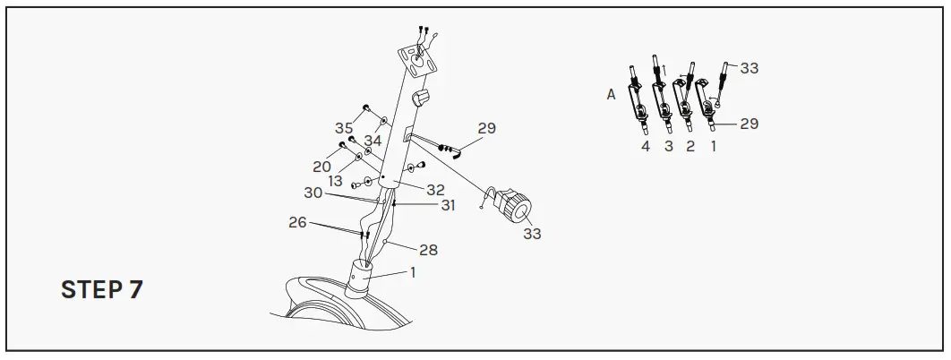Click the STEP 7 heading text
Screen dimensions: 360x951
coord(101,289)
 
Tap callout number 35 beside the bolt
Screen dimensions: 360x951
coord(344,128)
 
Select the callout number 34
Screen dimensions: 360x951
coord(373,141)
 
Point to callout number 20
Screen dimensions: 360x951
coord(322,167)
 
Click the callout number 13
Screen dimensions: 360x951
coord(335,181)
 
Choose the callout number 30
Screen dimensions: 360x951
coord(313,193)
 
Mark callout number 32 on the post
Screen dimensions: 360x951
coord(435,190)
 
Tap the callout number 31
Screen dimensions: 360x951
coord(448,205)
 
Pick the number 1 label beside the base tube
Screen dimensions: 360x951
coord(413,272)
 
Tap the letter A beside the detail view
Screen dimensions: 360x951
coord(612,94)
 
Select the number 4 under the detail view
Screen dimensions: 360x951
coord(646,147)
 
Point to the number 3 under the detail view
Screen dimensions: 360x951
coord(668,147)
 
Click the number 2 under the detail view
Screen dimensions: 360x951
coord(690,147)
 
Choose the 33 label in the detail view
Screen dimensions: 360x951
coord(749,68)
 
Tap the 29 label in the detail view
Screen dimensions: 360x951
coord(749,124)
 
